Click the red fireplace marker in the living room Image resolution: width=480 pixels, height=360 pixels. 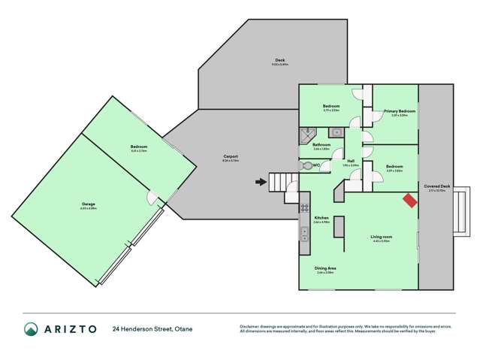(409, 200)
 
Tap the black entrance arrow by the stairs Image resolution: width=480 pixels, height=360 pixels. (261, 181)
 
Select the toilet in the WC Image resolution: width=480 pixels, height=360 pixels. (306, 165)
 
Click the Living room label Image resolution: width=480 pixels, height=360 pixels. (381, 237)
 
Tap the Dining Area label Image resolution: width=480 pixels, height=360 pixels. (325, 268)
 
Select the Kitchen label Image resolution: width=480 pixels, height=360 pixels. (322, 217)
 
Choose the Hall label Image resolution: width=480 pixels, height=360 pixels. (351, 161)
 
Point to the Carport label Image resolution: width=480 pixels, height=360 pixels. (230, 157)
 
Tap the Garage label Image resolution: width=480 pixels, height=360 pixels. (89, 204)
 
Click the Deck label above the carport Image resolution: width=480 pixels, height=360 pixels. (279, 60)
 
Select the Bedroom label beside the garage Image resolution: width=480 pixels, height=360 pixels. (139, 147)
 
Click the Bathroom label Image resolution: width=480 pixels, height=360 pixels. (322, 144)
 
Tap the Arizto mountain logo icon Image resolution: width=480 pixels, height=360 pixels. (32, 328)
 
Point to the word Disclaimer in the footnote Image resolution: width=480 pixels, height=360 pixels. (249, 326)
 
